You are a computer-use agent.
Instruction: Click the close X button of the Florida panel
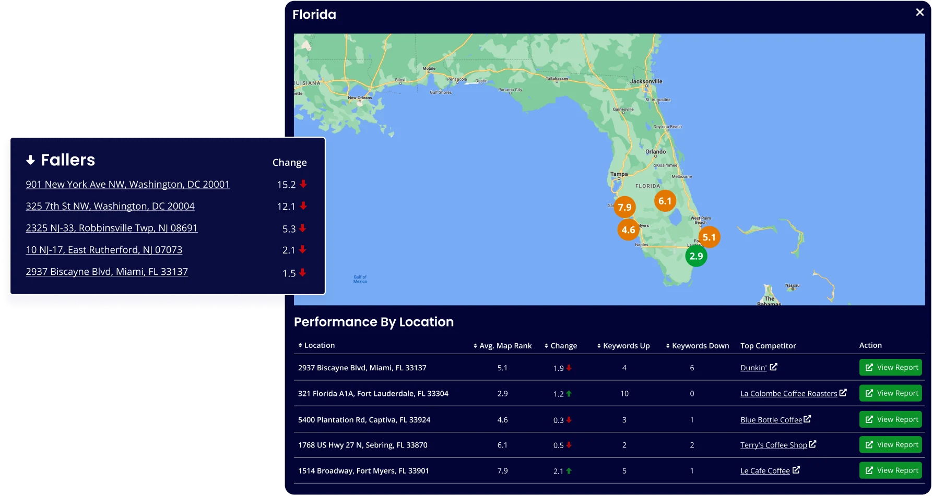(919, 12)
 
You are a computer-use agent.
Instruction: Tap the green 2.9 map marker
(696, 256)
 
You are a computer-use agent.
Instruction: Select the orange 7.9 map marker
(624, 207)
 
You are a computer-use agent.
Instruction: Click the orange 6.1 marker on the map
(665, 201)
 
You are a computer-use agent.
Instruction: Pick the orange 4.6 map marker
(628, 229)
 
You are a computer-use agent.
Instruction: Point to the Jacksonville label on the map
(646, 81)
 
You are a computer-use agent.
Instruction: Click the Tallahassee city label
(557, 79)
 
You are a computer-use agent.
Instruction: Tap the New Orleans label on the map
(360, 98)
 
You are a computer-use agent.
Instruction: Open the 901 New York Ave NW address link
(127, 184)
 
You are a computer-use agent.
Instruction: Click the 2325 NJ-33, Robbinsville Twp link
(112, 228)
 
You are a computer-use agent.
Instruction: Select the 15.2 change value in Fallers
(287, 185)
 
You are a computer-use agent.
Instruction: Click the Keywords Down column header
(700, 346)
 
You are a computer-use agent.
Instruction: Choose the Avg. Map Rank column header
(505, 346)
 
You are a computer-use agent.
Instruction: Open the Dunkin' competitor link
(753, 368)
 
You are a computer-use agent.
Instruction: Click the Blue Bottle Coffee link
(771, 420)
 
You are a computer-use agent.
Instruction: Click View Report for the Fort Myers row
(890, 470)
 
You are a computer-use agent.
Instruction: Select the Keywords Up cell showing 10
(624, 394)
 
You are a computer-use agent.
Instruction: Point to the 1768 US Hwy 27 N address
(362, 445)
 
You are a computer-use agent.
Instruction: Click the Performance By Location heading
(374, 322)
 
